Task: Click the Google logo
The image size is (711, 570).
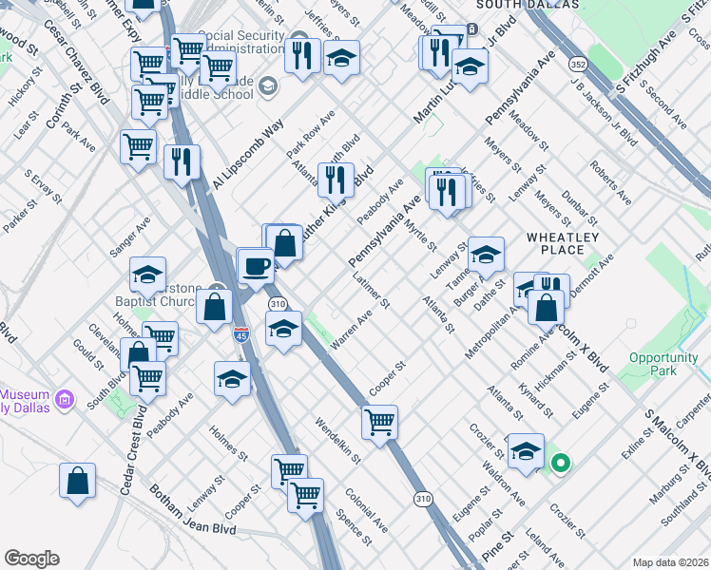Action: click(31, 559)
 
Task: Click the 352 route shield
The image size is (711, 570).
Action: click(576, 65)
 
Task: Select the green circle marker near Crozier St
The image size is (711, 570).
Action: click(561, 464)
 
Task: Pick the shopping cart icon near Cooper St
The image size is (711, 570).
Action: click(379, 421)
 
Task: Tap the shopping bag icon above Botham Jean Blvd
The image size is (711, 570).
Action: click(77, 480)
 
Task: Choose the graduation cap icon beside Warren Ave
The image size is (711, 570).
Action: click(283, 330)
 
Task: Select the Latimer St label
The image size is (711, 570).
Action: click(372, 291)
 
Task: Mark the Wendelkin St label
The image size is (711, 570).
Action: click(337, 442)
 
